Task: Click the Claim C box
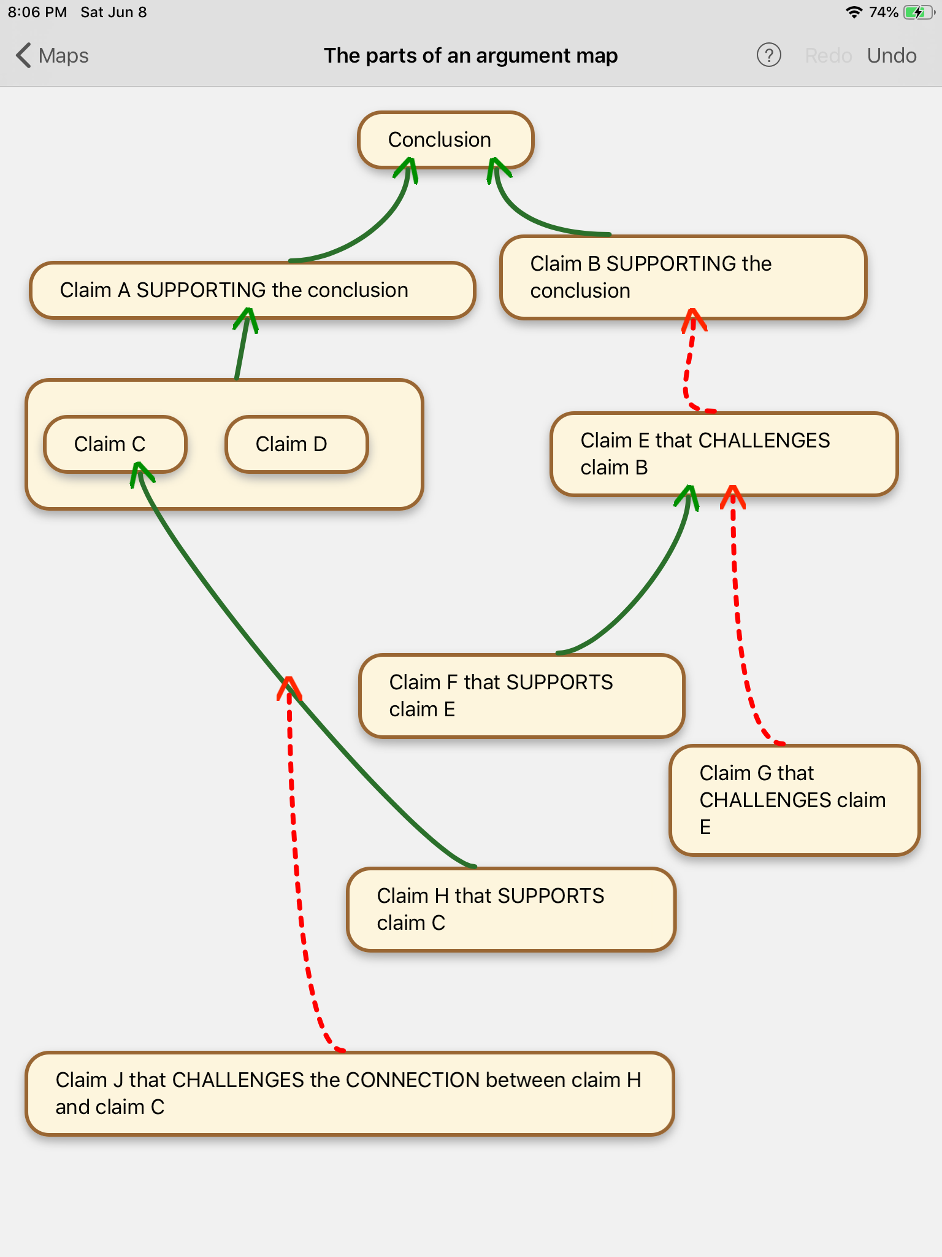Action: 114,444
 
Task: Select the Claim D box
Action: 296,444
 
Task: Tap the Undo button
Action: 891,56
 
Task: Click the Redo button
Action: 828,56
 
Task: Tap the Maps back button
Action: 53,56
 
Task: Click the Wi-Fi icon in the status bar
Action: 854,12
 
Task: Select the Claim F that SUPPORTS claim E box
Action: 521,695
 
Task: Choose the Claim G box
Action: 794,800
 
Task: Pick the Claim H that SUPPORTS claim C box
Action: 511,909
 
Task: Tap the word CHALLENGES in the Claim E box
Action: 764,440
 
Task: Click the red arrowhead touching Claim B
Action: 694,319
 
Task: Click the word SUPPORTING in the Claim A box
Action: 201,290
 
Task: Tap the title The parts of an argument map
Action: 470,56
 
